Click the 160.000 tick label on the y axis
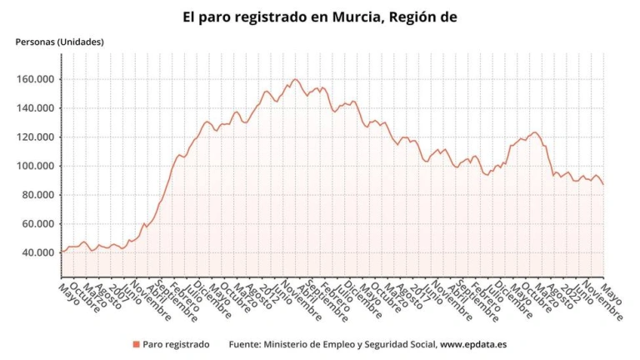pyautogui.click(x=37, y=79)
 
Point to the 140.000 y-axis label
pyautogui.click(x=37, y=108)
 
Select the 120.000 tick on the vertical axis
pyautogui.click(x=37, y=137)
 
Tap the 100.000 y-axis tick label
pyautogui.click(x=37, y=166)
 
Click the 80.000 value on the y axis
pyautogui.click(x=39, y=195)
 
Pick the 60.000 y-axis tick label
pyautogui.click(x=39, y=224)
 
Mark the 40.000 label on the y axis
pyautogui.click(x=39, y=252)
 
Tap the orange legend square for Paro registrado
pyautogui.click(x=135, y=343)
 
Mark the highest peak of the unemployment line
pyautogui.click(x=295, y=79)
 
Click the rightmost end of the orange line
pyautogui.click(x=603, y=184)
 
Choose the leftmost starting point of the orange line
pyautogui.click(x=62, y=251)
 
